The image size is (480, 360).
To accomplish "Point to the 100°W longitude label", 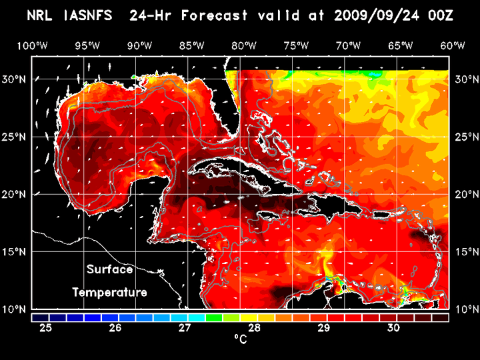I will [31, 45].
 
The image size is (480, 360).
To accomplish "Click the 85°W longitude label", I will [191, 45].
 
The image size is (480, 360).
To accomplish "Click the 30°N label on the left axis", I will [15, 79].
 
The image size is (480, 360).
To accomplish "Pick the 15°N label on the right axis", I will [465, 252].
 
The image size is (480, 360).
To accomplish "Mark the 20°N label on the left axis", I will [15, 195].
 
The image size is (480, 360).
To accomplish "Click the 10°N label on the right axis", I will [465, 309].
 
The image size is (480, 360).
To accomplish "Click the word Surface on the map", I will [109, 270].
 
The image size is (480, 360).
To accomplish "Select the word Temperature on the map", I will [109, 292].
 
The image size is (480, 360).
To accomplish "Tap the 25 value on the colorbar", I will [46, 328].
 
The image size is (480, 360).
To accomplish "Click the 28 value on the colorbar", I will [254, 328].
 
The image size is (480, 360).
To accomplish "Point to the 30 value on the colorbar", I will [393, 328].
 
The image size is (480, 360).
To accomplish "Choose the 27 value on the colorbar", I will [185, 328].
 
